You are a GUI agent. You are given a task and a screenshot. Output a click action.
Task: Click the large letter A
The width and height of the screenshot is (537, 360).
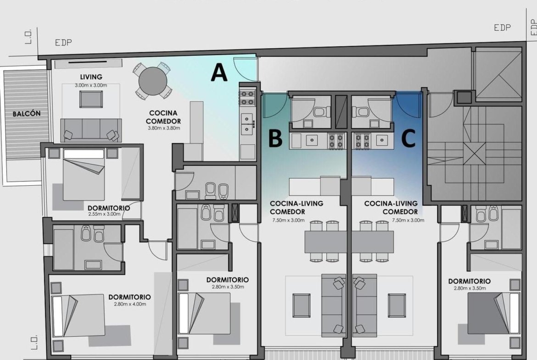[219, 72]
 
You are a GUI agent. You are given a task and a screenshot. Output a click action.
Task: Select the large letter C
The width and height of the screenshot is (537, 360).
[408, 138]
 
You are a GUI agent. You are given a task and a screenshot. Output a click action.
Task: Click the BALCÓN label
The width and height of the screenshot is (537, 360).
[27, 114]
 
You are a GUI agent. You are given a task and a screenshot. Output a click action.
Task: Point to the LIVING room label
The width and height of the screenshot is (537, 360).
[91, 77]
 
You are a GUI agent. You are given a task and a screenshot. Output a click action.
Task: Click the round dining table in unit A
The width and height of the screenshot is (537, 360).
[153, 81]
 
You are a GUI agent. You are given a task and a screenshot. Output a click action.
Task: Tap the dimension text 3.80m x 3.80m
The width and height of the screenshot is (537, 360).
[164, 128]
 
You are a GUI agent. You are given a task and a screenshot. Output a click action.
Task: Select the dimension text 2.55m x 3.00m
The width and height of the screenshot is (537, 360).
[104, 214]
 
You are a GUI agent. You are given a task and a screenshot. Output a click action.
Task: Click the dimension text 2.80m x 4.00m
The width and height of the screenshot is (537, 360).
[130, 304]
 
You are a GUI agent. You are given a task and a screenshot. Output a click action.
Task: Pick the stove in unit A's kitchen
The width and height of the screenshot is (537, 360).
[247, 97]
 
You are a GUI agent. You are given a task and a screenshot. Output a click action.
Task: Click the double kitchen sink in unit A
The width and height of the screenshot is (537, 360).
[247, 124]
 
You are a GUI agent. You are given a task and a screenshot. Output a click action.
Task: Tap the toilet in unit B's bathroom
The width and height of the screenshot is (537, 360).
[322, 112]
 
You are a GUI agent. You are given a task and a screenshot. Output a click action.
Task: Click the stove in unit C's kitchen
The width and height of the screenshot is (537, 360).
[362, 141]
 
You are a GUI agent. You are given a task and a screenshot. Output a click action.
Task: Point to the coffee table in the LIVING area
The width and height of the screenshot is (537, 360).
[91, 99]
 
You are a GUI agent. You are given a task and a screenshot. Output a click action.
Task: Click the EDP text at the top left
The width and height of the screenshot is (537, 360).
[64, 43]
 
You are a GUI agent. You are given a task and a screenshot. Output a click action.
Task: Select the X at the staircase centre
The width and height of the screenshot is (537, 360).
[474, 154]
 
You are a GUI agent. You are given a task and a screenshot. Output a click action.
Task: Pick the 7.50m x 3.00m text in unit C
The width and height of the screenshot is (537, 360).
[408, 220]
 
